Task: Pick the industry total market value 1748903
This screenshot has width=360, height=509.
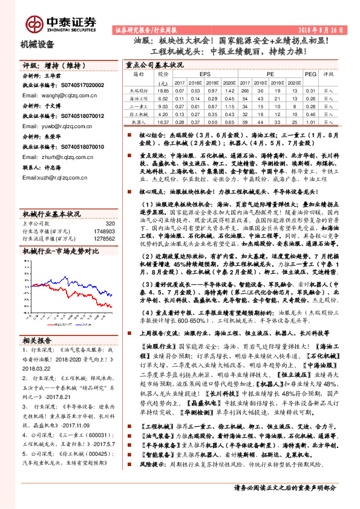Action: [x=105, y=231]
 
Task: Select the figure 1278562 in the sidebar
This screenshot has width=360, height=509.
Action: [x=105, y=238]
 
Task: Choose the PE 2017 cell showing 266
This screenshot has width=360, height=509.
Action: [x=245, y=90]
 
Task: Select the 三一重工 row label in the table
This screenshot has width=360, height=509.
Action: [x=139, y=106]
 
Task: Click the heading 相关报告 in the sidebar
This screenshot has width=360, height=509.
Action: [x=41, y=340]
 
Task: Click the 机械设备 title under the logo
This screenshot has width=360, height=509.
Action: [x=38, y=44]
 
